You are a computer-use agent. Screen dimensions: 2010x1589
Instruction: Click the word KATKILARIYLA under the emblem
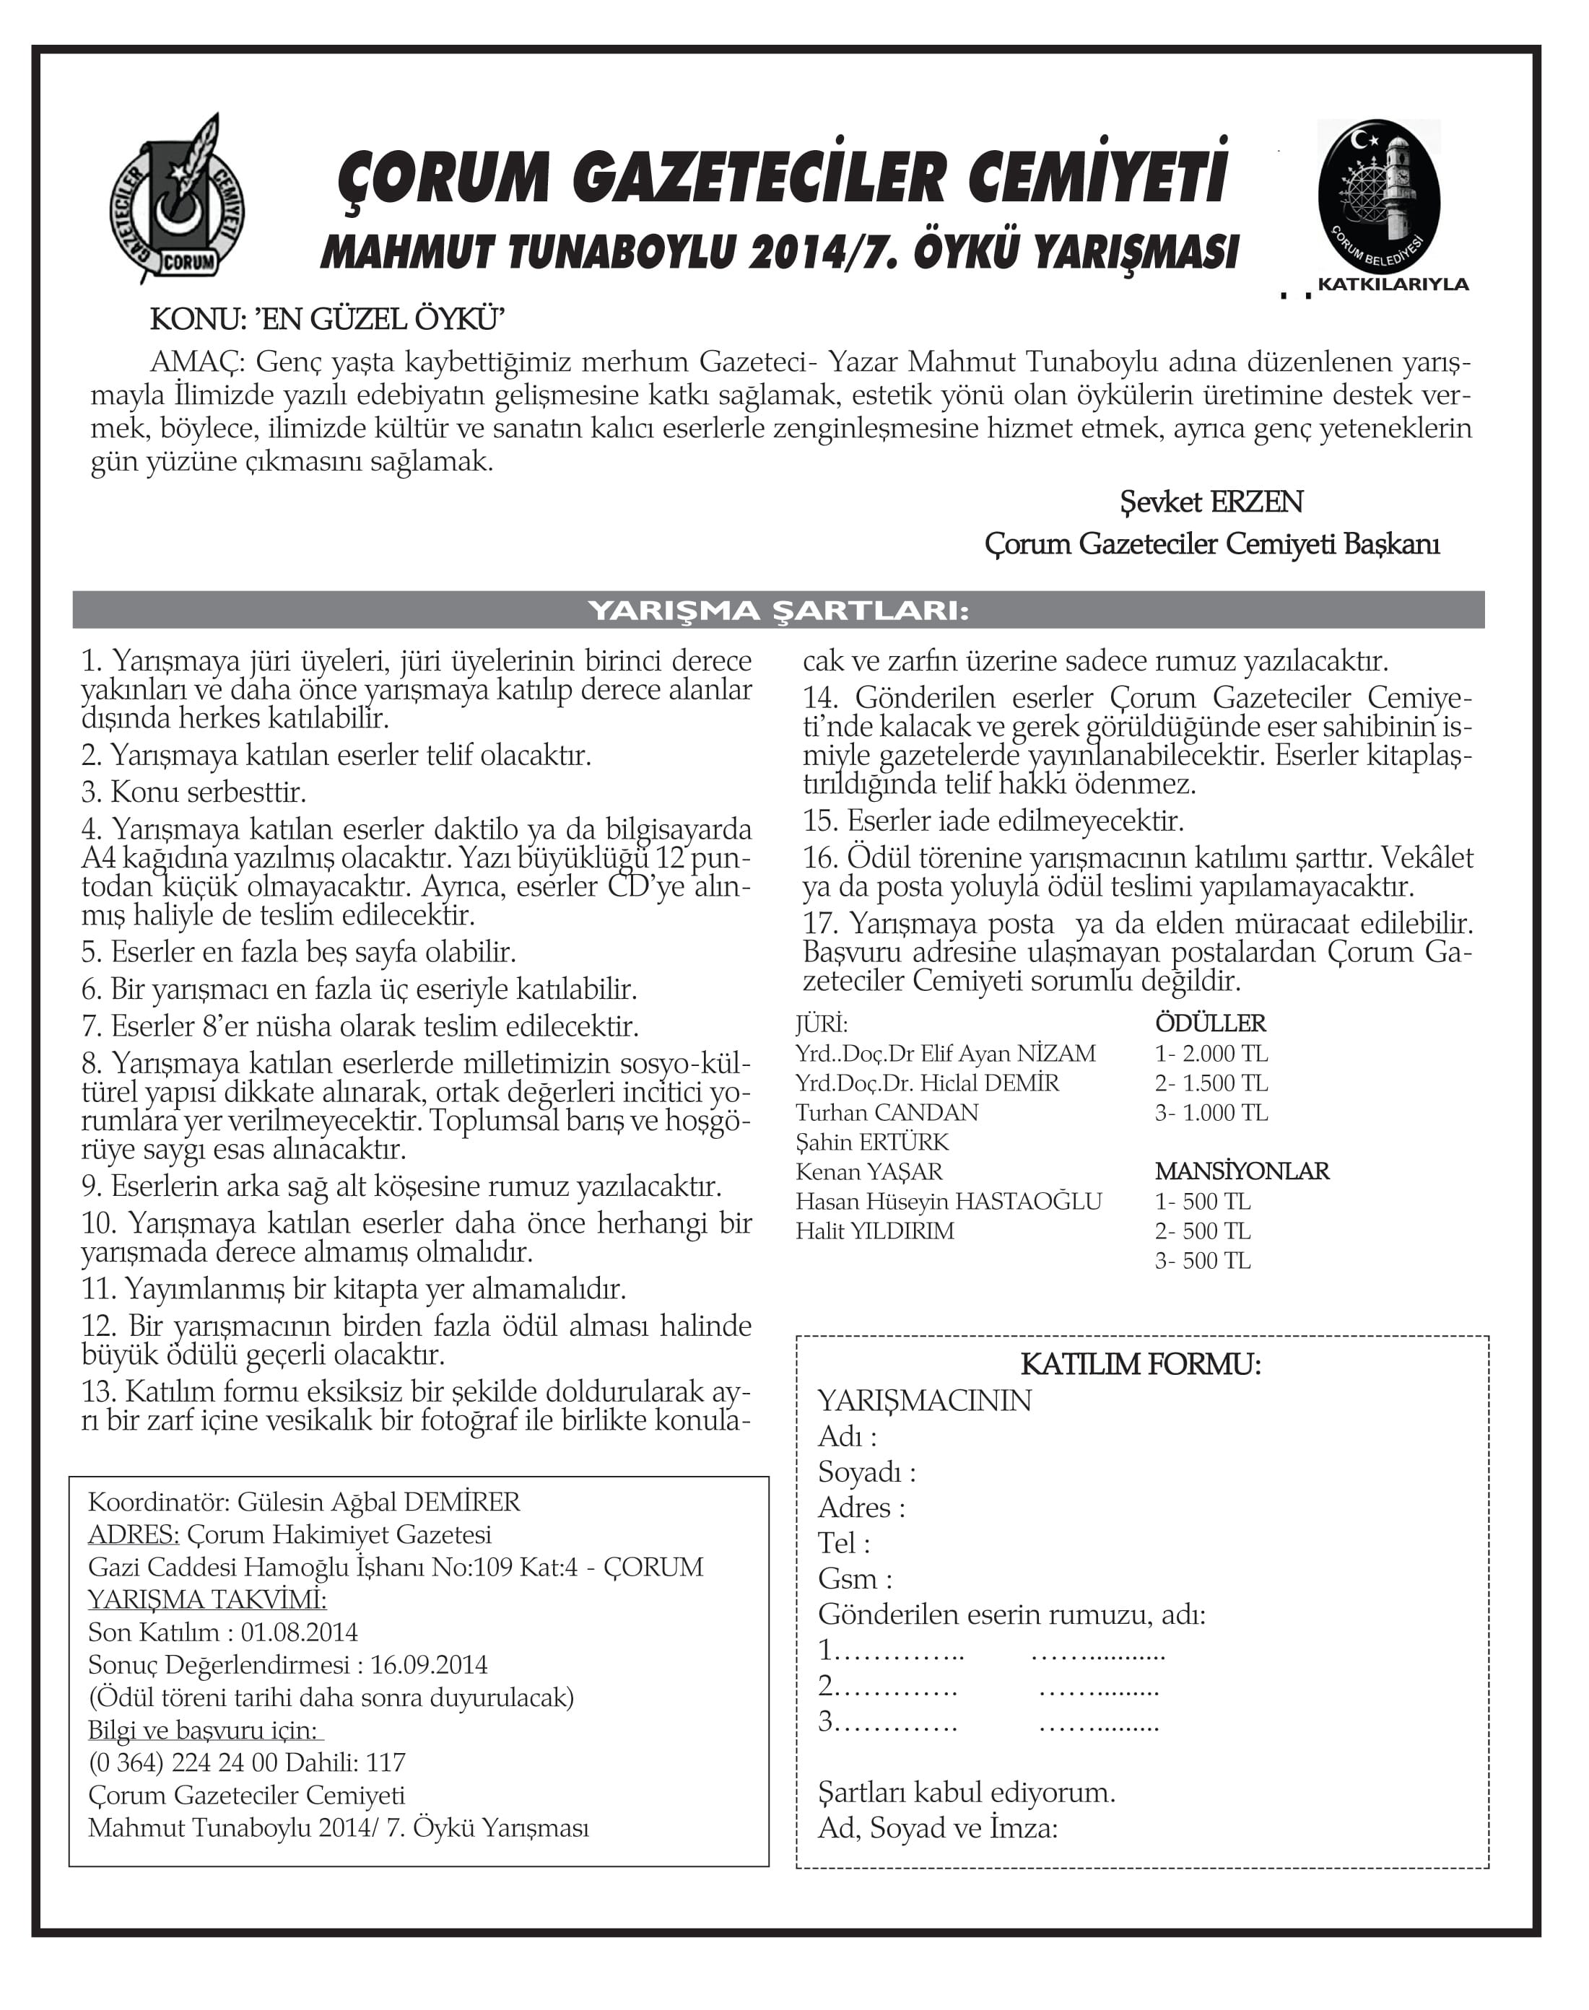(1393, 284)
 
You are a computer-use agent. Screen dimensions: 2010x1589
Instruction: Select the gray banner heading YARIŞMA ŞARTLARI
(778, 610)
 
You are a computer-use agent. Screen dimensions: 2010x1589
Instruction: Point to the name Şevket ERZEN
(1211, 502)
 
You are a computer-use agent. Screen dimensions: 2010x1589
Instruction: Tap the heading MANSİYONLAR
(1242, 1171)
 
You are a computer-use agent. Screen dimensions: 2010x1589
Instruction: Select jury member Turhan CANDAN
(887, 1114)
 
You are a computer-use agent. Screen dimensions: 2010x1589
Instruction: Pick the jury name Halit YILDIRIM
(874, 1231)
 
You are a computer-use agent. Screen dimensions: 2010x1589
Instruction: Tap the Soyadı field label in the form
(866, 1472)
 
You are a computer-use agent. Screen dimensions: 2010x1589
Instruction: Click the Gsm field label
(854, 1578)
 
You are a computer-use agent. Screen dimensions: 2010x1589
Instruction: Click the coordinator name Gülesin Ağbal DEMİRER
(378, 1501)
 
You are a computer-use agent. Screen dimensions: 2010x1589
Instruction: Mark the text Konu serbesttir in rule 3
(209, 792)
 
